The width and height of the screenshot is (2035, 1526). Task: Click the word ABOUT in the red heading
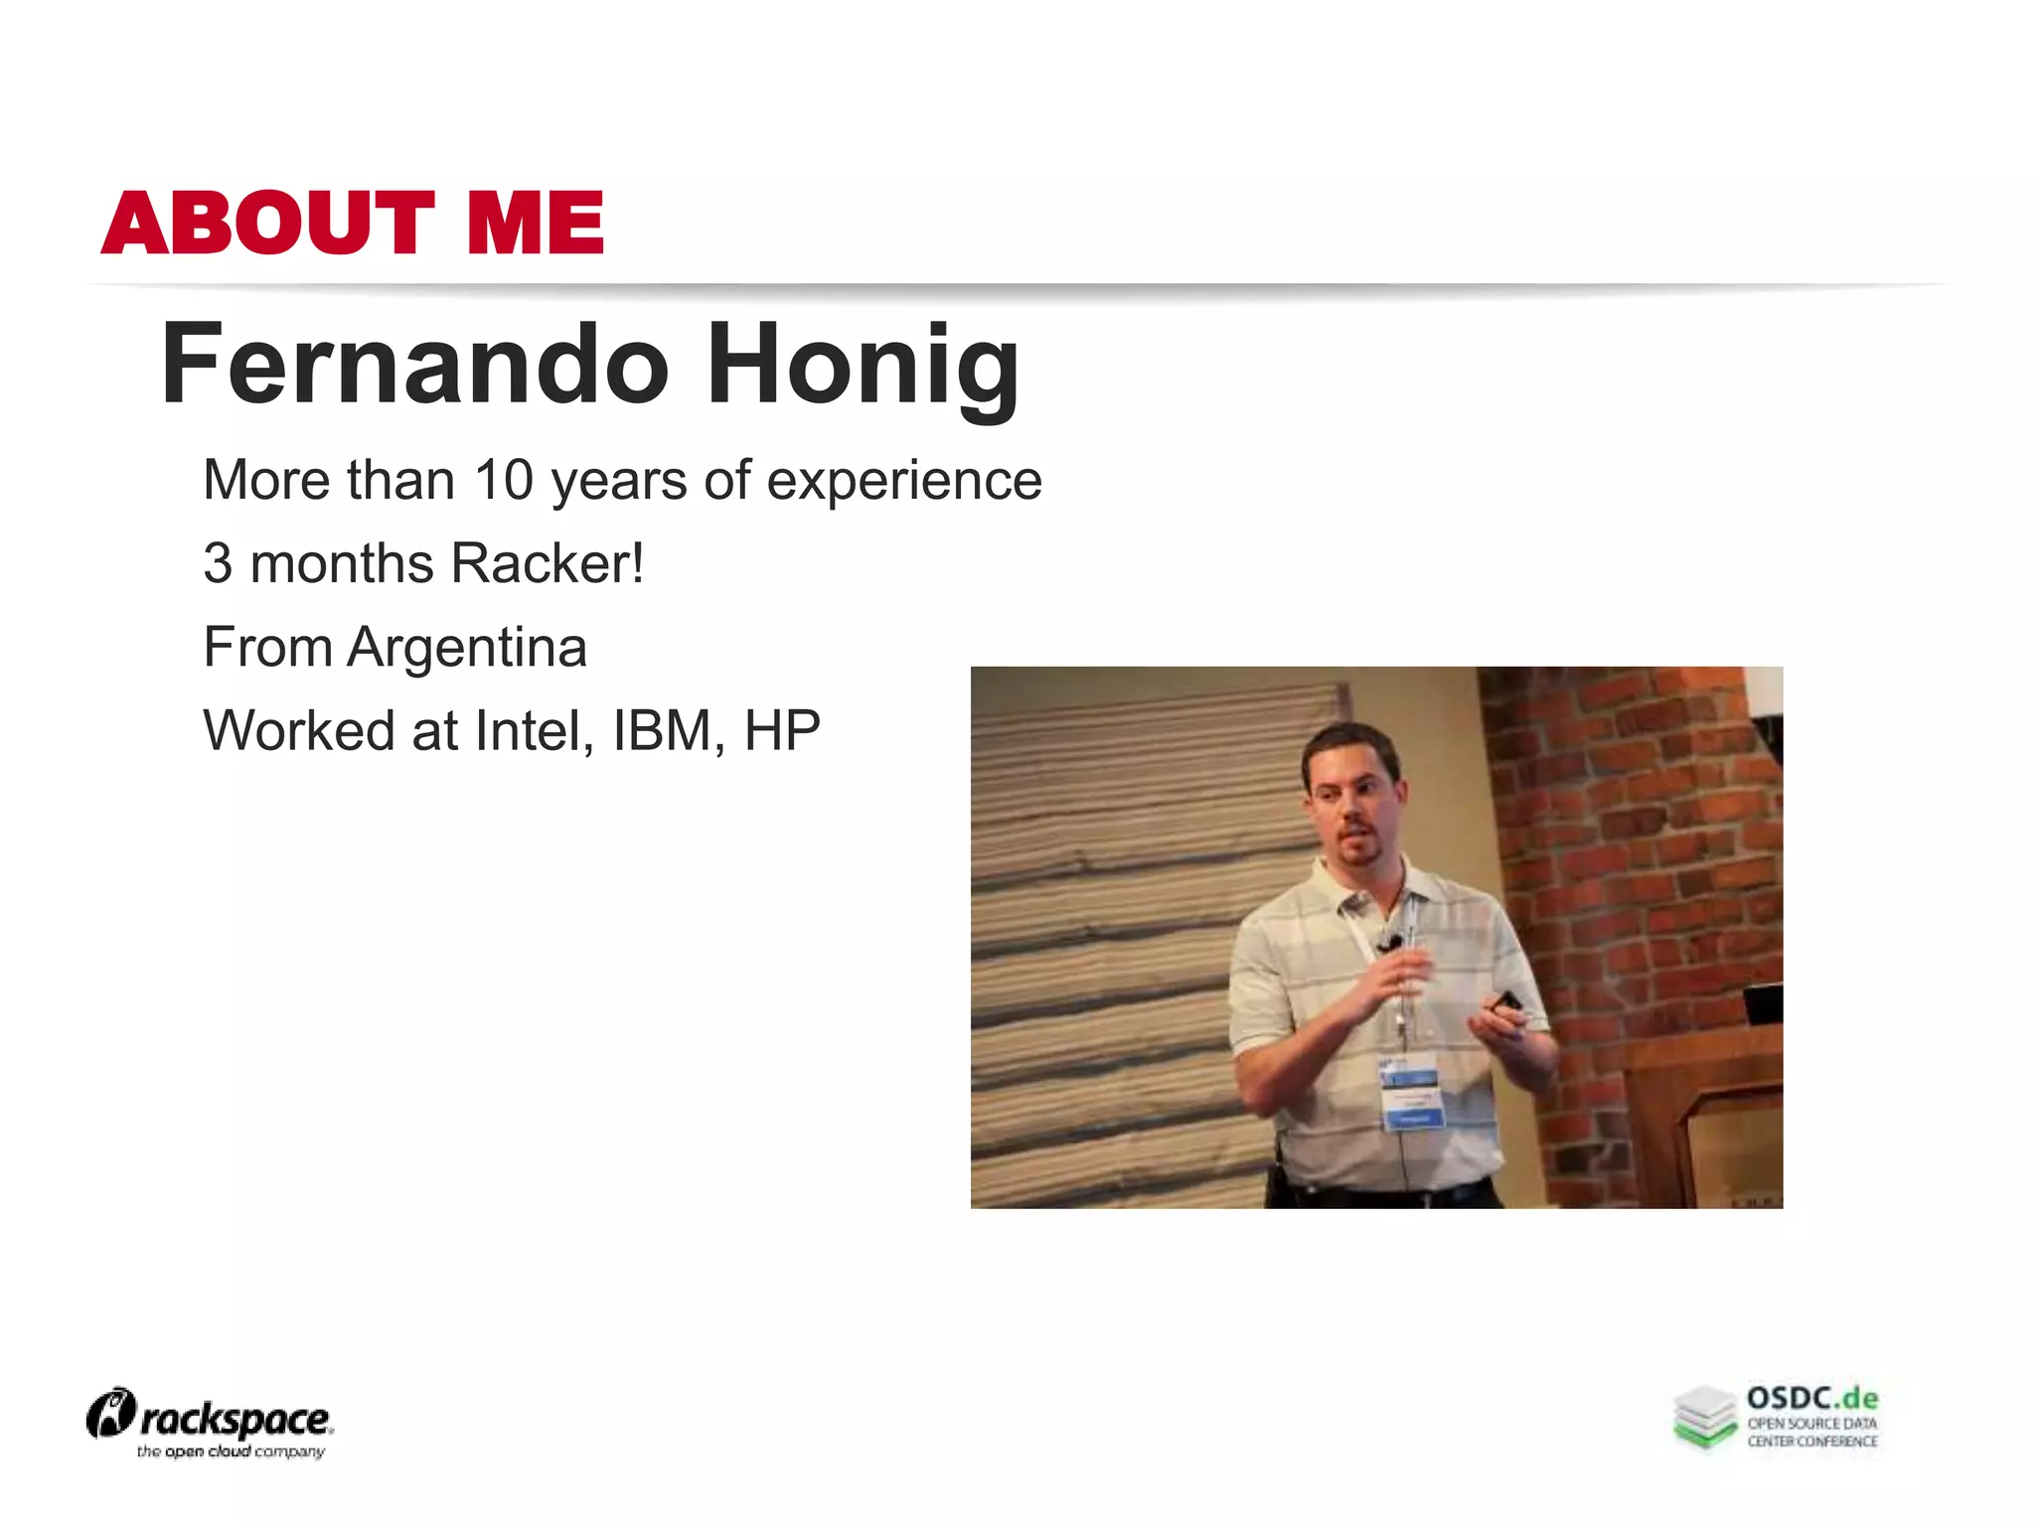[268, 223]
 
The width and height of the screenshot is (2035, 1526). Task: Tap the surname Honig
[862, 366]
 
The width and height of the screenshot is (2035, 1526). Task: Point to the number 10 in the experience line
[504, 480]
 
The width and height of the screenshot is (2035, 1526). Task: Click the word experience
[904, 482]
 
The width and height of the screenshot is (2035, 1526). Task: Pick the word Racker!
[548, 563]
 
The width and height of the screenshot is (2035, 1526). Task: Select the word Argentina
[467, 648]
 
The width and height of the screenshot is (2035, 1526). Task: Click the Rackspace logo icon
[110, 1413]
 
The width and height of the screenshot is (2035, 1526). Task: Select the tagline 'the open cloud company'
[231, 1452]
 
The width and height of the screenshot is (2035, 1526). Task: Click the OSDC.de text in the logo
[1812, 1399]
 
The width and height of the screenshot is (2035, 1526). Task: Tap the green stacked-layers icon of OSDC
[1705, 1417]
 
